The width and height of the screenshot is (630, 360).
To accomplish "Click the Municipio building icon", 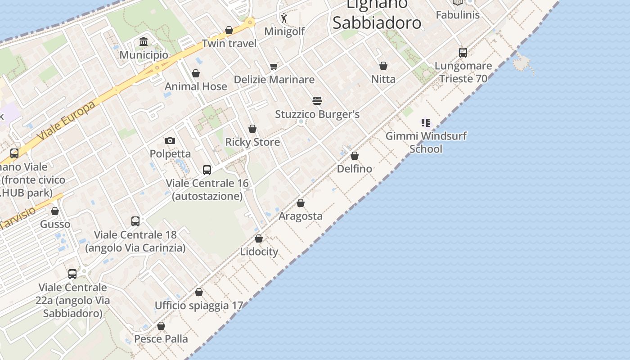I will point(144,42).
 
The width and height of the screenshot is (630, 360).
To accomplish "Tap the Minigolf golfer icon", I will point(284,18).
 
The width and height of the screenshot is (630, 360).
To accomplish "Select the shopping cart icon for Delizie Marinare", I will point(274,66).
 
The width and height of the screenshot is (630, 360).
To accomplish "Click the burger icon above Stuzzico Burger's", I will point(317,100).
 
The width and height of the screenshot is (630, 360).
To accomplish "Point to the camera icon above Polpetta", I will point(170,140).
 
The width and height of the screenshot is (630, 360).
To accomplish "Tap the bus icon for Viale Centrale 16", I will point(207,170).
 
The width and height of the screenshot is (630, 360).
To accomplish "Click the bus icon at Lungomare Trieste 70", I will point(463,52).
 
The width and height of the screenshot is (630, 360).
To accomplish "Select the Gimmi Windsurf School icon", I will point(426,122).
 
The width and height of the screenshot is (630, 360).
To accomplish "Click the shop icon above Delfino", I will point(355,156).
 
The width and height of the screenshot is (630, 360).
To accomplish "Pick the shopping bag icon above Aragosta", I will point(301,203).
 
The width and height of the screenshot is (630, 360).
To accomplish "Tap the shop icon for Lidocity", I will point(259,238).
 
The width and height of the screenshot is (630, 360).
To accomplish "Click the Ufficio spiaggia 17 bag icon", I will point(199,292).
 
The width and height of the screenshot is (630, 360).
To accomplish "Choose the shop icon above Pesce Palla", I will point(161,326).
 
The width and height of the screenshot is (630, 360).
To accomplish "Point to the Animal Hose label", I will point(196,86).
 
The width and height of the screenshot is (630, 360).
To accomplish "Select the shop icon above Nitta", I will point(383,66).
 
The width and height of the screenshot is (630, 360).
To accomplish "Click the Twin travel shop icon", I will point(229,30).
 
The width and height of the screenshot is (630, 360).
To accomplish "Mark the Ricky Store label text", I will point(252,142).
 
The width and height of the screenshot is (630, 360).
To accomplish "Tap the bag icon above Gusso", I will point(55,211).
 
